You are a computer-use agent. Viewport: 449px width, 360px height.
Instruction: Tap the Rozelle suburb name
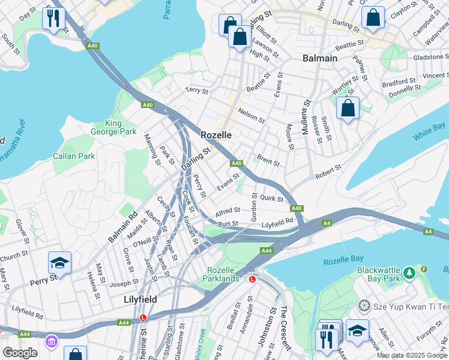pyautogui.click(x=216, y=136)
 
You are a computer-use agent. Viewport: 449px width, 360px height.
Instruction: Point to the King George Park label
pyautogui.click(x=113, y=127)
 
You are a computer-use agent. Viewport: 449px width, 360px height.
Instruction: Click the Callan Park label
pyautogui.click(x=74, y=156)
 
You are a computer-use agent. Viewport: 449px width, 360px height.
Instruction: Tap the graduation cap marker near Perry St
pyautogui.click(x=59, y=262)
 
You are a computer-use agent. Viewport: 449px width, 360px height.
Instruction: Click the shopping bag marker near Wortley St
pyautogui.click(x=348, y=109)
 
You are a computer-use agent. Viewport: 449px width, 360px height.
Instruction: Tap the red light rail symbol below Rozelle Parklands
pyautogui.click(x=252, y=279)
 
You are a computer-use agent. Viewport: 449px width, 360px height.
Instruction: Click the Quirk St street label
pyautogui.click(x=271, y=199)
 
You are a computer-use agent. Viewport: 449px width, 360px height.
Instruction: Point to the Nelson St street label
pyautogui.click(x=252, y=115)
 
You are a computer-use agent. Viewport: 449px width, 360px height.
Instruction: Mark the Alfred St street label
pyautogui.click(x=228, y=211)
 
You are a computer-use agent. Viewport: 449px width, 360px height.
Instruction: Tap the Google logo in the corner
pyautogui.click(x=20, y=353)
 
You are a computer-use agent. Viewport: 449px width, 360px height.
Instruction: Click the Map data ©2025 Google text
pyautogui.click(x=412, y=355)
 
